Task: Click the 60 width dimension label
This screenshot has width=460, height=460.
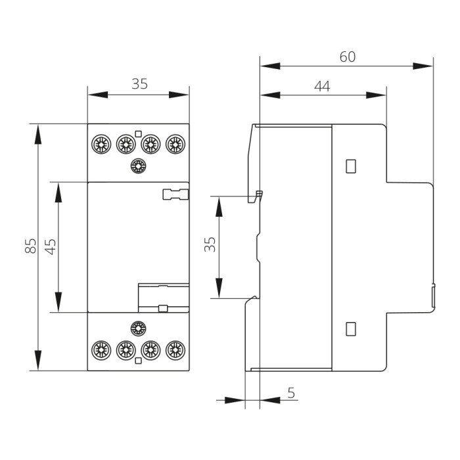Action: click(347, 57)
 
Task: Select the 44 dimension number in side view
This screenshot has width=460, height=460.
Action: click(321, 86)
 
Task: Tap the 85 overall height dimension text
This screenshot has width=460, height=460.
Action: click(30, 246)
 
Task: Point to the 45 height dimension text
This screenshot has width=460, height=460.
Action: click(51, 246)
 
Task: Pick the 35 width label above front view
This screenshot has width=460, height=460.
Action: click(139, 84)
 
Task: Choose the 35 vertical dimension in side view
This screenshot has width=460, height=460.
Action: click(210, 246)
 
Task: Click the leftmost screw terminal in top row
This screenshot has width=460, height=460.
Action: click(101, 143)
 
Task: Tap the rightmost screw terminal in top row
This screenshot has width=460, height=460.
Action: click(174, 143)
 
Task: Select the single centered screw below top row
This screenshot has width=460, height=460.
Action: click(138, 166)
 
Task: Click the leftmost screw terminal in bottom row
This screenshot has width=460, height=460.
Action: click(101, 350)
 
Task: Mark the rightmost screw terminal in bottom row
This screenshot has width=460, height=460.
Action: click(174, 350)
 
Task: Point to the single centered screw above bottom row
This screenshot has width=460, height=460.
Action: click(138, 328)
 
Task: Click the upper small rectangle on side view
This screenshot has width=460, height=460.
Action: click(351, 166)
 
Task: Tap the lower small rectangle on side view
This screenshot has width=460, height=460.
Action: click(351, 327)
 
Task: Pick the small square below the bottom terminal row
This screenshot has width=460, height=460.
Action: click(138, 361)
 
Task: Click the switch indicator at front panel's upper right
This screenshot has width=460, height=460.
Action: click(175, 194)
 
